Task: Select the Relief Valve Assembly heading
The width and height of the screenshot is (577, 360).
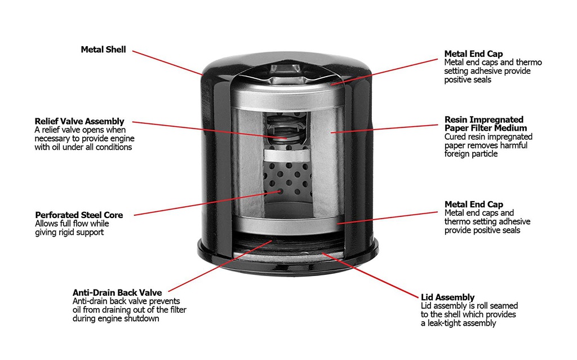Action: pyautogui.click(x=79, y=121)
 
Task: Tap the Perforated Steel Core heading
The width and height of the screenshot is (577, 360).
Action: pyautogui.click(x=79, y=215)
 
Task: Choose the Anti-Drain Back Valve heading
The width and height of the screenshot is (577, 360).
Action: pyautogui.click(x=117, y=292)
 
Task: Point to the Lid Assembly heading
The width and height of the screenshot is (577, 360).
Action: pyautogui.click(x=447, y=297)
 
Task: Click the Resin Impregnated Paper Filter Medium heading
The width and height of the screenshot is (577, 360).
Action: pyautogui.click(x=483, y=123)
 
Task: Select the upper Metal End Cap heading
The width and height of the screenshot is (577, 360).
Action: pyautogui.click(x=474, y=54)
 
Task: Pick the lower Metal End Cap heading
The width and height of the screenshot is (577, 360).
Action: pyautogui.click(x=474, y=205)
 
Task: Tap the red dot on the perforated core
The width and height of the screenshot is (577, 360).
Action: pyautogui.click(x=279, y=191)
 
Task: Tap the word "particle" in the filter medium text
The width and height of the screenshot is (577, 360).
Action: pyautogui.click(x=484, y=154)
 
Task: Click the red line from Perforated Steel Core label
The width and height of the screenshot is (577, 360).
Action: pyautogui.click(x=208, y=203)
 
